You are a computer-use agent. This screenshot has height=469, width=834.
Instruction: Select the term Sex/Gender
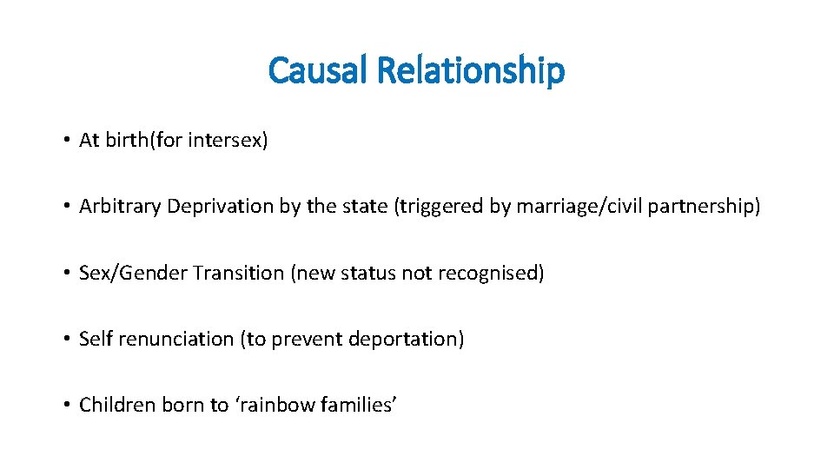point(133,273)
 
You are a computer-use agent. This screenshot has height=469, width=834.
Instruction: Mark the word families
point(356,405)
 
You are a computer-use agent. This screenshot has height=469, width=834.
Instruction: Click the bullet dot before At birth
point(65,141)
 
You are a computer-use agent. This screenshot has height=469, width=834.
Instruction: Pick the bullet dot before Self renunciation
point(65,340)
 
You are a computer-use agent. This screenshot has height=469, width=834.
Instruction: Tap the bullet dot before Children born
point(65,406)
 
